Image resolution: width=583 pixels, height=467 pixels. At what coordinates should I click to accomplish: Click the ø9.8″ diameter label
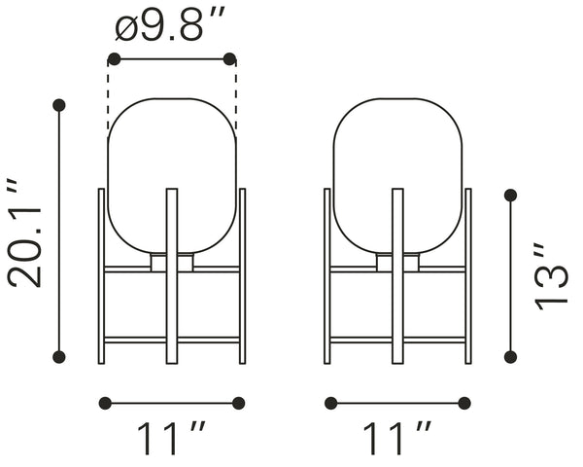coord(170,25)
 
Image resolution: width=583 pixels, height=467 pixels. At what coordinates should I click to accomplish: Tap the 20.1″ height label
coord(25,233)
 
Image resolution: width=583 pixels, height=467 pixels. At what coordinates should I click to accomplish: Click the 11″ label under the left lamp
coord(171,438)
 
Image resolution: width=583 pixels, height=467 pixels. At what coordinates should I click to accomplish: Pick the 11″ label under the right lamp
coord(397,438)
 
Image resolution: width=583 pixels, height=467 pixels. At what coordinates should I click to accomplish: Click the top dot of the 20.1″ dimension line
coord(59,105)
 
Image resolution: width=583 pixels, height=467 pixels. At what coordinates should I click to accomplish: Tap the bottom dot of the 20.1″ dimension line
coord(59,357)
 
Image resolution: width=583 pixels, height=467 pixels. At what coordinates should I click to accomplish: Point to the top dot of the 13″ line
coord(510,196)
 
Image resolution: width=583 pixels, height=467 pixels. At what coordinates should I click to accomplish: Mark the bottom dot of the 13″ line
coord(510,357)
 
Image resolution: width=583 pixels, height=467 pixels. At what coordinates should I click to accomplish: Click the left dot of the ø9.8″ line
coord(114,58)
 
